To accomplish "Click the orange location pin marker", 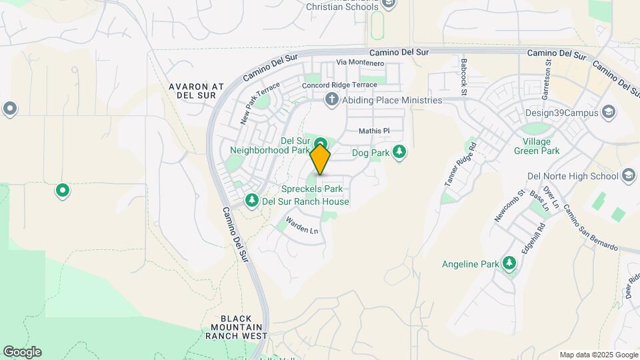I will click(x=320, y=159).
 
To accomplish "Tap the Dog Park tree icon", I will click(x=399, y=153).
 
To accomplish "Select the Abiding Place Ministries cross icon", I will click(x=331, y=100).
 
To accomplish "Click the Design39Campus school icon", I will click(x=608, y=112).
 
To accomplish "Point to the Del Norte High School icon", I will click(x=628, y=176).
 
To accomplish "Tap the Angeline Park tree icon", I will click(x=509, y=263).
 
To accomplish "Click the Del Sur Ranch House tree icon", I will click(x=252, y=201).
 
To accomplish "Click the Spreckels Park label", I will click(x=311, y=189).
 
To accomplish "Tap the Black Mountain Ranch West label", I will click(x=236, y=327).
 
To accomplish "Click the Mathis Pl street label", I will click(x=373, y=131).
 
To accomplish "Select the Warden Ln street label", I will click(x=302, y=225).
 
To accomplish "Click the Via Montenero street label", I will click(x=361, y=63).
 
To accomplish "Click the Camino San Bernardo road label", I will click(x=590, y=227).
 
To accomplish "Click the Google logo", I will click(x=22, y=352).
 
